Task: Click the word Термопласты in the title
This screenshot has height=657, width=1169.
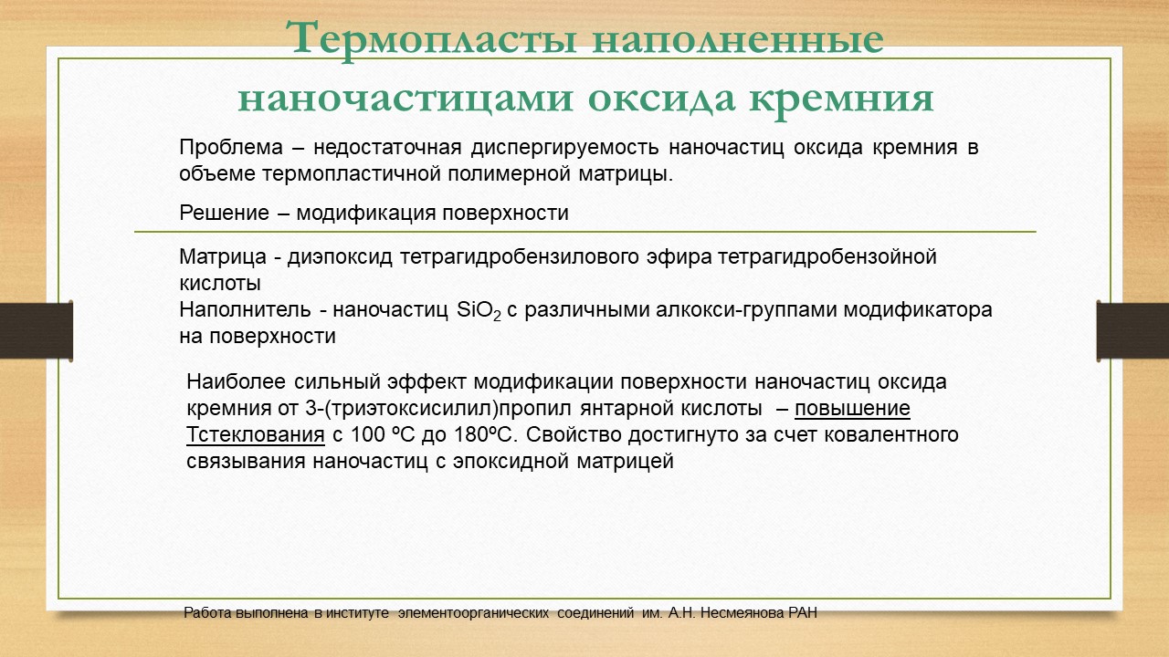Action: pyautogui.click(x=431, y=39)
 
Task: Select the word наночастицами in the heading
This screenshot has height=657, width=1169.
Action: pyautogui.click(x=405, y=99)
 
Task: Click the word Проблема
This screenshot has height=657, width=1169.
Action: pyautogui.click(x=231, y=148)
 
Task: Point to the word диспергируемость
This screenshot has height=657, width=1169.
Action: pyautogui.click(x=565, y=149)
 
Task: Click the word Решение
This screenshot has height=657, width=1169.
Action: pyautogui.click(x=225, y=214)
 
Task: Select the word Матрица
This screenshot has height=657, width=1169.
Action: pyautogui.click(x=223, y=257)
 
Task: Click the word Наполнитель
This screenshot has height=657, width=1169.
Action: pyautogui.click(x=245, y=310)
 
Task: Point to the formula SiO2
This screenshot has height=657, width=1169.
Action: pyautogui.click(x=479, y=311)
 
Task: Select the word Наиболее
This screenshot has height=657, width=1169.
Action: pyautogui.click(x=236, y=382)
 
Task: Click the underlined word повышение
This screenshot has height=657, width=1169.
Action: pyautogui.click(x=852, y=409)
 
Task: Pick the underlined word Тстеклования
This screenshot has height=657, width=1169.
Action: pyautogui.click(x=255, y=435)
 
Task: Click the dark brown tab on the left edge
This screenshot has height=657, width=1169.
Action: pyautogui.click(x=36, y=331)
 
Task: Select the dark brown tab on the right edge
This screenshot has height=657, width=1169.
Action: pyautogui.click(x=1132, y=331)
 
